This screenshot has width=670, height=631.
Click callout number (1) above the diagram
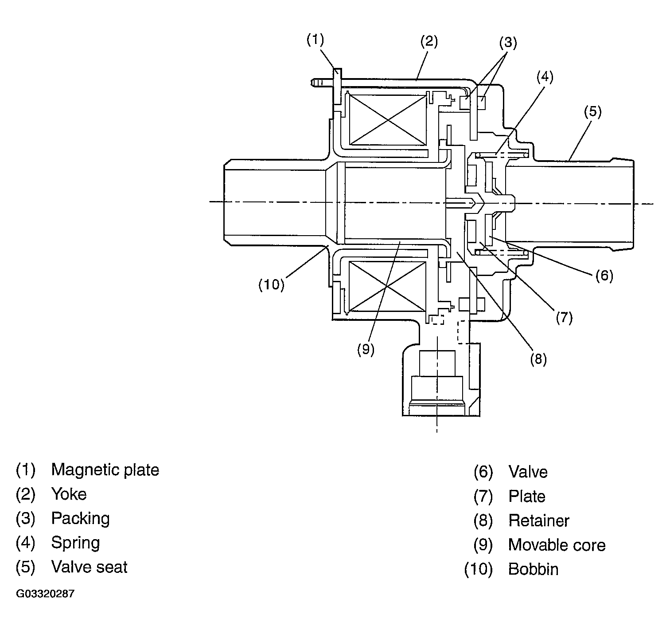(315, 40)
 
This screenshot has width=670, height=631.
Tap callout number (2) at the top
(429, 41)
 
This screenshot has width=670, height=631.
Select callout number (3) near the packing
(508, 43)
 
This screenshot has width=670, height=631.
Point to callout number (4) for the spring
(545, 77)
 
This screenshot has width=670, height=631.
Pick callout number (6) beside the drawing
(604, 276)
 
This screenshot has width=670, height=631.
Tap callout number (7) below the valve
(565, 318)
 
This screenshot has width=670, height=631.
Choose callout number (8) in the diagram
(538, 359)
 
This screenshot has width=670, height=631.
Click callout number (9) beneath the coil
(366, 350)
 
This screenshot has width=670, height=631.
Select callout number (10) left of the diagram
(272, 284)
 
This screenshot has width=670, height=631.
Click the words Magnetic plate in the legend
(105, 470)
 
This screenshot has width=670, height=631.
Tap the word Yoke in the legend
(69, 494)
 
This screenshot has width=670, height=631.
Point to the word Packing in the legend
(80, 519)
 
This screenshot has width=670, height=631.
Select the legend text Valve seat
(90, 567)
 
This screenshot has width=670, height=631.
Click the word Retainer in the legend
(539, 521)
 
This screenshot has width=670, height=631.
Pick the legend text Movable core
(557, 545)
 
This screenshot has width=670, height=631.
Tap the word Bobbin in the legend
(534, 569)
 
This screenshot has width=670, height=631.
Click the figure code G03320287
(45, 593)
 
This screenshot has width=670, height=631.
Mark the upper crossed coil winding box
(388, 120)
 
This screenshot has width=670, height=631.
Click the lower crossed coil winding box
(387, 287)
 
